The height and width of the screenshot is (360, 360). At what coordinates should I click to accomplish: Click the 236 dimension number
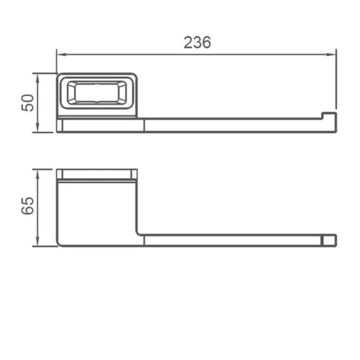(197, 42)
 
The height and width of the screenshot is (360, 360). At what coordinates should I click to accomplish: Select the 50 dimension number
(28, 102)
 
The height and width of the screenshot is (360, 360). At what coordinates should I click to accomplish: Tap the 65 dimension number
(28, 206)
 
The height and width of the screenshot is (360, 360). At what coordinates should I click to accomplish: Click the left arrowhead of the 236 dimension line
(61, 55)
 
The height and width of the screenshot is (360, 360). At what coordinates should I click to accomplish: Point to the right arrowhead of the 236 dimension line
(332, 55)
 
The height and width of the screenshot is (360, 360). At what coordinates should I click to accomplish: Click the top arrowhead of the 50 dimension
(38, 78)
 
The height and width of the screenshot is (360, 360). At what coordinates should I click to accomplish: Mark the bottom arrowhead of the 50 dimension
(38, 128)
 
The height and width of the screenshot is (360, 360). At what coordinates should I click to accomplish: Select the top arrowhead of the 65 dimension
(38, 174)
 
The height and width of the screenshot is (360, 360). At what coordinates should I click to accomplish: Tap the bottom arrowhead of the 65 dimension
(38, 242)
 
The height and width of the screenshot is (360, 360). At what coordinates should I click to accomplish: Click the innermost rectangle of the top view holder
(97, 93)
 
